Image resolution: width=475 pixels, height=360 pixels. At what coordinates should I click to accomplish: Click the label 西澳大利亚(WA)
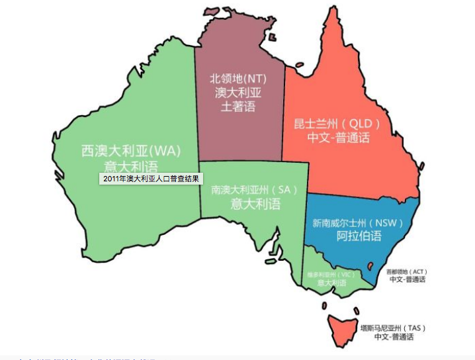coord(130,150)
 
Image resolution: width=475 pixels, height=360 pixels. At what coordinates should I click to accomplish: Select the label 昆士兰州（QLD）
coord(338,124)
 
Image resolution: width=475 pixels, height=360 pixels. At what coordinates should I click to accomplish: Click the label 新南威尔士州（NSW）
coord(358,223)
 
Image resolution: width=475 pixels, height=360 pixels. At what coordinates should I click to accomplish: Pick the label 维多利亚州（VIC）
coord(331,274)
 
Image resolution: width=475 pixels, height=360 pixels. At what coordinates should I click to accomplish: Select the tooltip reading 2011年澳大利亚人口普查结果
coord(151,179)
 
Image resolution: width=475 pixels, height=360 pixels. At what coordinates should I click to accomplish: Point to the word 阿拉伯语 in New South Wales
coord(359,236)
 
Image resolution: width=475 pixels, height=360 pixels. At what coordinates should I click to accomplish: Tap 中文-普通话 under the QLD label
coord(338,138)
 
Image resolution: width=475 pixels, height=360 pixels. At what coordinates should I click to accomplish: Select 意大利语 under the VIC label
coord(331,283)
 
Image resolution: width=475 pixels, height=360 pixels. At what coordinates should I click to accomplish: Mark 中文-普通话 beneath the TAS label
coord(394,337)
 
